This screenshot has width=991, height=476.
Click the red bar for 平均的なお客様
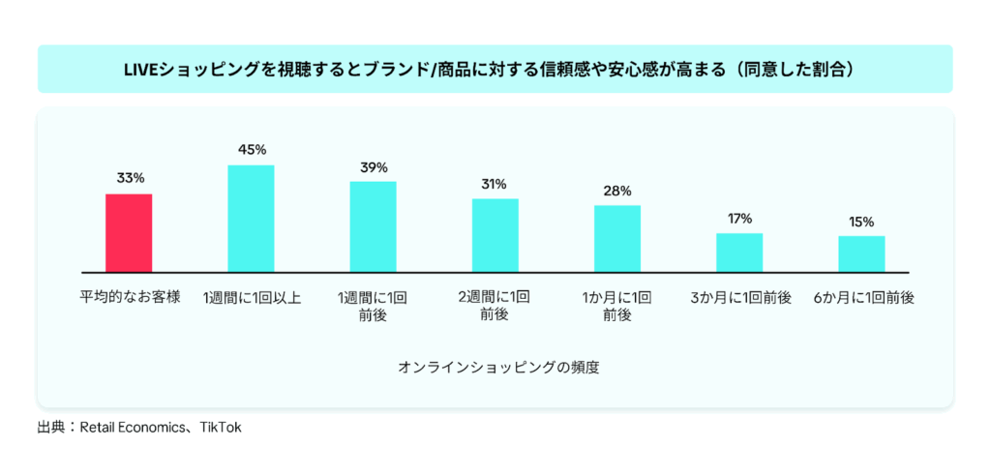pyautogui.click(x=129, y=232)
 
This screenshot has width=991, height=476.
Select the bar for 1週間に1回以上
pyautogui.click(x=251, y=218)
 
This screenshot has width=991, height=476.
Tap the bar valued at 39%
pyautogui.click(x=373, y=225)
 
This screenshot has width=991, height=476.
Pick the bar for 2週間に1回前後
pyautogui.click(x=495, y=234)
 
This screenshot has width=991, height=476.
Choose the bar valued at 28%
pyautogui.click(x=617, y=238)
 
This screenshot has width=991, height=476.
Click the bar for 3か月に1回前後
pyautogui.click(x=739, y=252)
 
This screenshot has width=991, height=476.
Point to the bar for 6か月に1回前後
pyautogui.click(x=861, y=253)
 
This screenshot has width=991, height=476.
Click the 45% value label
pyautogui.click(x=252, y=150)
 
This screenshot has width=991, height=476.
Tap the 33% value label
pyautogui.click(x=130, y=178)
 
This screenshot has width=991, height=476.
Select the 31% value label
pyautogui.click(x=495, y=184)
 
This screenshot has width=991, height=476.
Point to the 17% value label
pyautogui.click(x=739, y=219)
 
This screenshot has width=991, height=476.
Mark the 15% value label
pyautogui.click(x=861, y=222)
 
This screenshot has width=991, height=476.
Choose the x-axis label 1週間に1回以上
pyautogui.click(x=252, y=298)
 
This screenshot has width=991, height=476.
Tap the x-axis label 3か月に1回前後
pyautogui.click(x=739, y=298)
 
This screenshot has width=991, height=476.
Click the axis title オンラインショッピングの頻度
pyautogui.click(x=495, y=368)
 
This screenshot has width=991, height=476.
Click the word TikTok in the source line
pyautogui.click(x=221, y=427)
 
